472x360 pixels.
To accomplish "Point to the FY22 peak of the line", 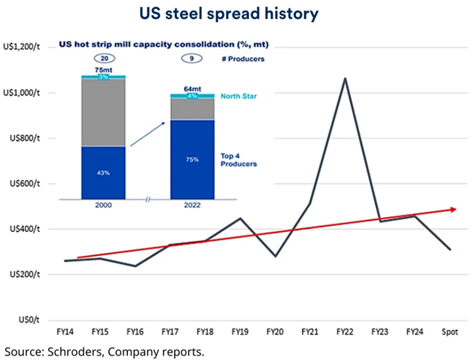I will click(345, 78).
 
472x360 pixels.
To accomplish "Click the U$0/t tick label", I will click(34, 320).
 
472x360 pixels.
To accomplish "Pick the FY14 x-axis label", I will click(66, 331).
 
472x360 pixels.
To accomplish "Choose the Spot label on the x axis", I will click(450, 331).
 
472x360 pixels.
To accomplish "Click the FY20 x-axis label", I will click(275, 331).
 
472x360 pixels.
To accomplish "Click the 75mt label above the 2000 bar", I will click(104, 69).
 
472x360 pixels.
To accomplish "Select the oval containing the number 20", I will click(104, 57).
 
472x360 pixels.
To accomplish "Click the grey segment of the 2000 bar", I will click(104, 113).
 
